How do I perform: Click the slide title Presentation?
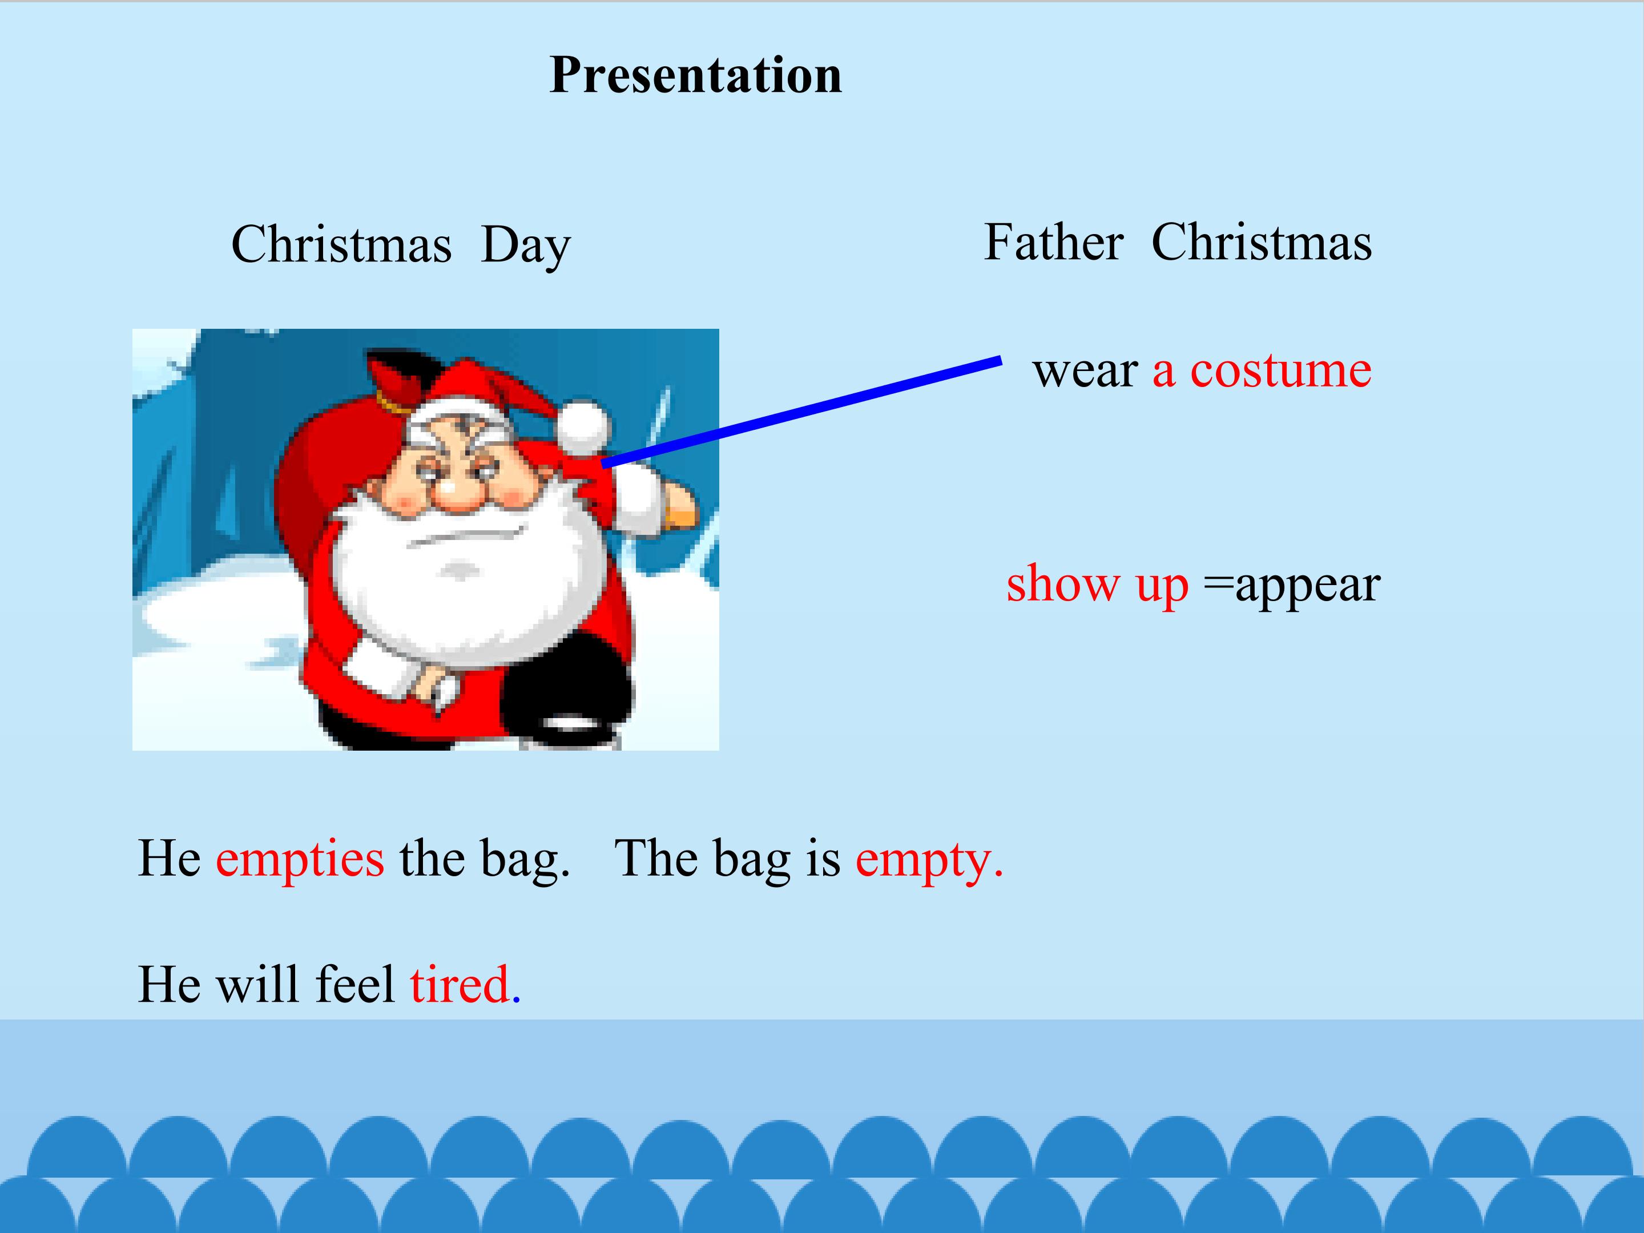coord(696,75)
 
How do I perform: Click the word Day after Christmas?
coord(526,245)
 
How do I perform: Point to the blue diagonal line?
coord(801,413)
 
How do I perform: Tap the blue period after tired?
coord(517,1000)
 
